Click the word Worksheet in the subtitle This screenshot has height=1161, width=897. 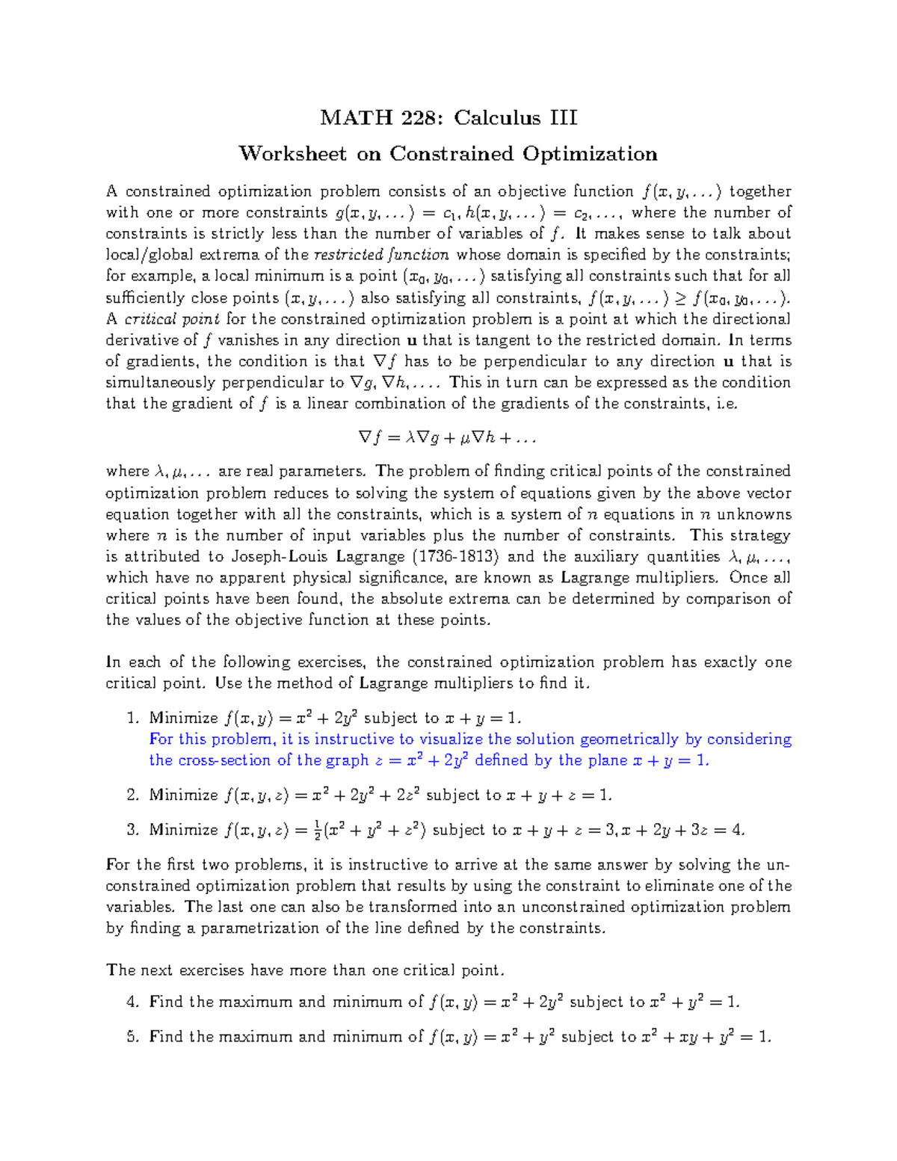pyautogui.click(x=292, y=154)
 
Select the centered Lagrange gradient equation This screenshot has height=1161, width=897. pyautogui.click(x=447, y=437)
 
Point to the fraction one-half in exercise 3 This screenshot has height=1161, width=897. pyautogui.click(x=298, y=830)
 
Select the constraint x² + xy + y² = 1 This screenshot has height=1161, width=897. pyautogui.click(x=706, y=1037)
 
